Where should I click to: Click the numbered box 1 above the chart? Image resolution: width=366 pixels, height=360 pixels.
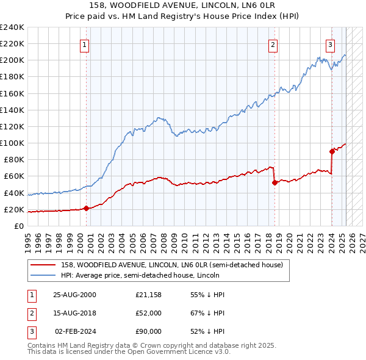coord(84,44)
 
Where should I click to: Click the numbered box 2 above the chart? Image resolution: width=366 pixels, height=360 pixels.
coord(273,44)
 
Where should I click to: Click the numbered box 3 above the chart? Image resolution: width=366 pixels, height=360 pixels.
coord(329,44)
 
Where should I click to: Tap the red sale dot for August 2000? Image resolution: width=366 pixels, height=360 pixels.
coord(86,208)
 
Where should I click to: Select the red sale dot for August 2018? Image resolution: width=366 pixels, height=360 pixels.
coord(274,182)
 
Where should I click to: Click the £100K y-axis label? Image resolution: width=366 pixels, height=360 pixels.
coord(12,143)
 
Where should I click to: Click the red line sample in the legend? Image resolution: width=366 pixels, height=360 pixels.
coord(44,265)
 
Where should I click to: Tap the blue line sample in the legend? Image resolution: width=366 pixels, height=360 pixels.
coord(44,275)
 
